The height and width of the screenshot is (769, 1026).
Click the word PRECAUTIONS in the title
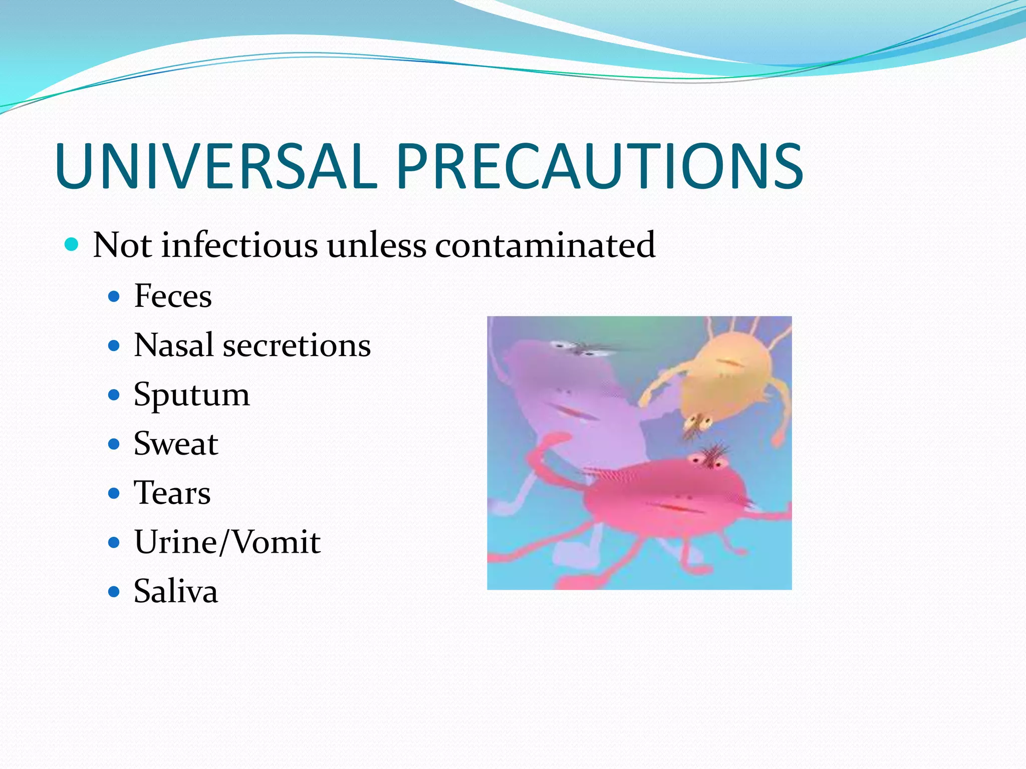(x=600, y=166)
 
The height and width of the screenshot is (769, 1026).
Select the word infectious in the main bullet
(x=239, y=245)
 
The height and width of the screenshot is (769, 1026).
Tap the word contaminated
(x=545, y=245)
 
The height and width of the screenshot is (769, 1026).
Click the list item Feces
(x=173, y=296)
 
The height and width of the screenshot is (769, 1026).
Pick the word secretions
(x=297, y=345)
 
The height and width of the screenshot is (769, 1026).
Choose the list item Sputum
(x=191, y=395)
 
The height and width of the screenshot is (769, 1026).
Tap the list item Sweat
(x=176, y=444)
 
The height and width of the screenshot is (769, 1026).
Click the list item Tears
(x=172, y=493)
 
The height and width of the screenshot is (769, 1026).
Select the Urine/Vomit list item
(x=227, y=542)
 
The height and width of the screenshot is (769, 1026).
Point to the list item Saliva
(x=176, y=591)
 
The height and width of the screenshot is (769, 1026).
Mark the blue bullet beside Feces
(x=114, y=297)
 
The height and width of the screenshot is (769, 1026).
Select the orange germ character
(x=726, y=380)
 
